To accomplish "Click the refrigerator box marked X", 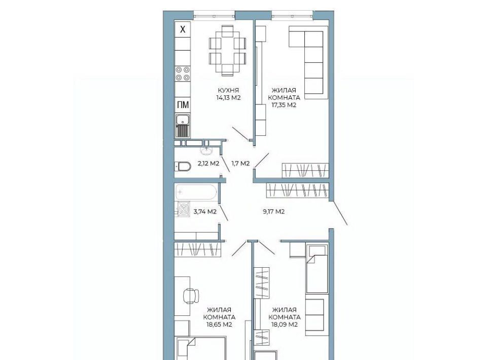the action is (183, 29).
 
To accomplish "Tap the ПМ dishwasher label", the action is (183, 105).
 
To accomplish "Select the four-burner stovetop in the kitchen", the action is (183, 74).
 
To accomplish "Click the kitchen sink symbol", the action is (183, 126).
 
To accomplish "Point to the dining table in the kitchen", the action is (228, 51).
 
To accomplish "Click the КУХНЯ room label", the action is (228, 90).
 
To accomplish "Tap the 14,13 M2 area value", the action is (229, 98).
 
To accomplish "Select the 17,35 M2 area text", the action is (284, 105).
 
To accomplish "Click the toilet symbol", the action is (183, 167).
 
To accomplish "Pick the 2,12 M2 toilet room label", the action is (208, 163).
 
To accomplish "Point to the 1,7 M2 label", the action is (240, 163).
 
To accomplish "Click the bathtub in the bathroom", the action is (196, 192).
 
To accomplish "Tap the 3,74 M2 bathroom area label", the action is (205, 211).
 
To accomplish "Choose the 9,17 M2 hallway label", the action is (273, 211).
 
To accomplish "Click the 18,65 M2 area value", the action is (219, 325).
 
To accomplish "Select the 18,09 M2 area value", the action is (285, 325).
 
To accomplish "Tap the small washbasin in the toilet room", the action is (206, 151).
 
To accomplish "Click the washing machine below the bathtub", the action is (183, 208).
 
